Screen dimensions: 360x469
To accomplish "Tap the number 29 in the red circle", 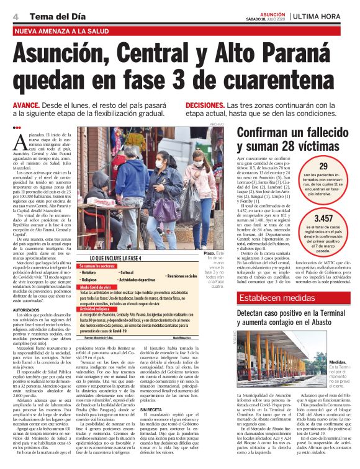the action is tap(323, 167).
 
